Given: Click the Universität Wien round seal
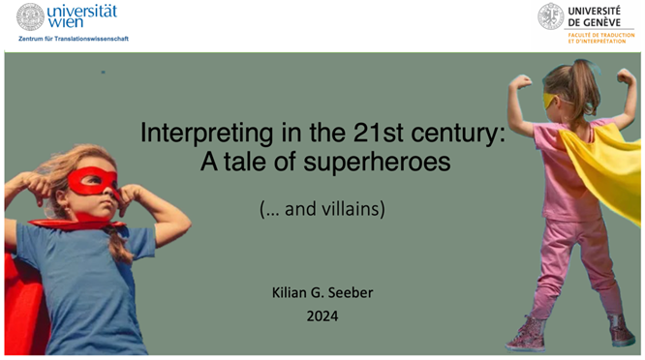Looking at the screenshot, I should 30,16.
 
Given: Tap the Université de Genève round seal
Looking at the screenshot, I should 551,16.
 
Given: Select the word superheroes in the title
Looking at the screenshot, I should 391,163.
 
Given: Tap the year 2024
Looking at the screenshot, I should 323,315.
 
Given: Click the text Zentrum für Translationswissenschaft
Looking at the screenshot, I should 73,39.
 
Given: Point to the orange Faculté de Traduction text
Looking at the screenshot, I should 600,37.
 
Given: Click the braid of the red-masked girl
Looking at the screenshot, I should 118,242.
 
